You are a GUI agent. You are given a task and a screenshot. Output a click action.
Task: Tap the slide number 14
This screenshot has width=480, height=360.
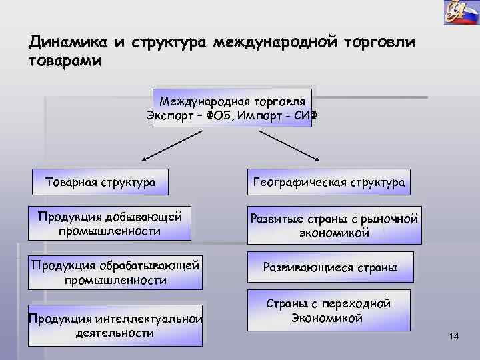(x=454, y=337)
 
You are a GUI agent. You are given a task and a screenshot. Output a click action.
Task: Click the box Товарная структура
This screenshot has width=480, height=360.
(x=100, y=181)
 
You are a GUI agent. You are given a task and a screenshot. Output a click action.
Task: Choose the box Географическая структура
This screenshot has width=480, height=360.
(x=329, y=182)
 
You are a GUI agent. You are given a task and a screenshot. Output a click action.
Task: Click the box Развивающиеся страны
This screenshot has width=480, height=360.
(x=330, y=267)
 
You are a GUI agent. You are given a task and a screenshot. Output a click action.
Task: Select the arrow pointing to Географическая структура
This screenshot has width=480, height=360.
(x=289, y=145)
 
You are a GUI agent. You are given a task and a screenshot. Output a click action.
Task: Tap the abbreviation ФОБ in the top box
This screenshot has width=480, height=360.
(x=219, y=115)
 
